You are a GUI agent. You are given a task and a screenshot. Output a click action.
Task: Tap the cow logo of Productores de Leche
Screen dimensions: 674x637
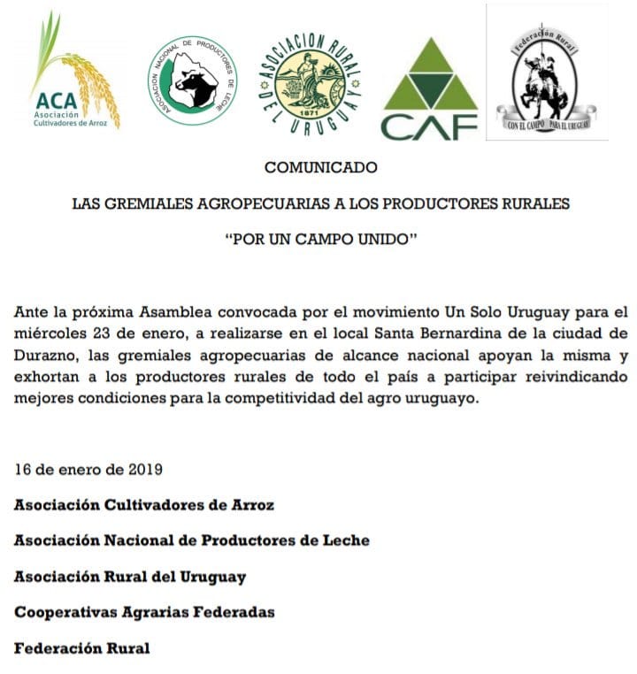[x=192, y=80]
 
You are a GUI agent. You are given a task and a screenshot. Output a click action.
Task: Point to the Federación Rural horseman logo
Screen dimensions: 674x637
[x=546, y=73]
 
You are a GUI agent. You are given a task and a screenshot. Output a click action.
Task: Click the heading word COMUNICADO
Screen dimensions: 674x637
[x=320, y=167]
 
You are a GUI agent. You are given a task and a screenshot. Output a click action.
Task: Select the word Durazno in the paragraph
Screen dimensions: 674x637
[x=44, y=355]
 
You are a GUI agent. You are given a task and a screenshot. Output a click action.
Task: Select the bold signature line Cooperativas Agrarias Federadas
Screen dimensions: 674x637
[x=144, y=612]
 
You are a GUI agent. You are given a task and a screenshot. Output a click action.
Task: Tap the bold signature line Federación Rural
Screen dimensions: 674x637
[x=82, y=648]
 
